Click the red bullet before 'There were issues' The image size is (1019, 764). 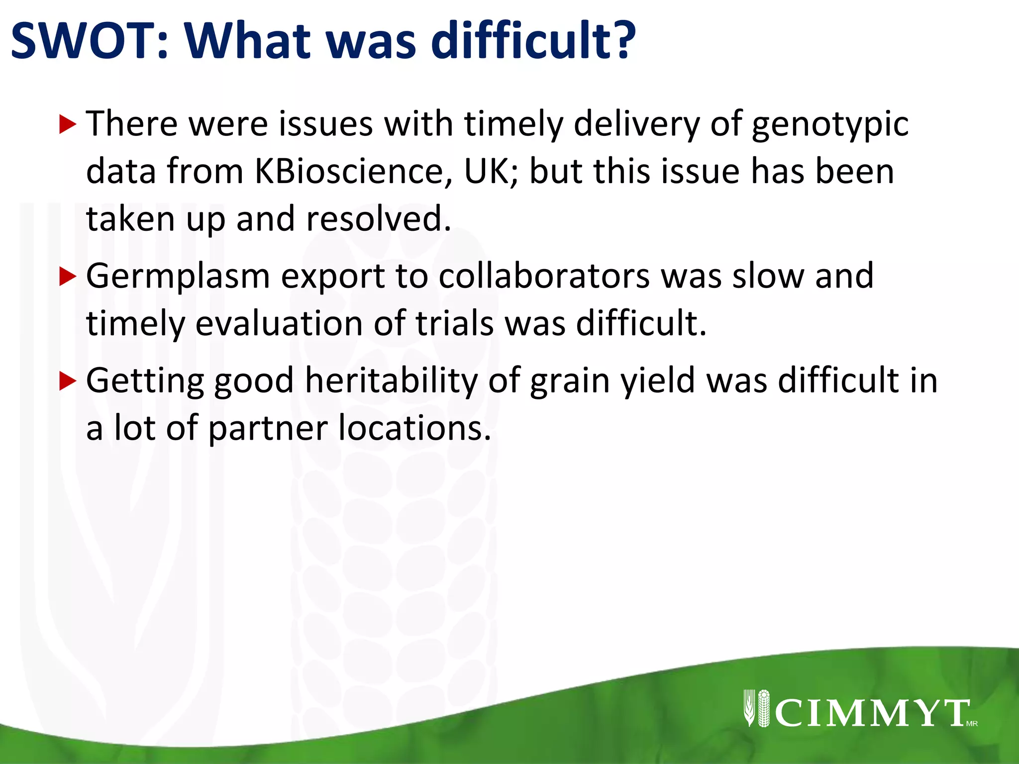[x=67, y=124]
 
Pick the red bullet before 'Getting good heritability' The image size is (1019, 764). [x=67, y=381]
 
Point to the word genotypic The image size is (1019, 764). [x=830, y=124]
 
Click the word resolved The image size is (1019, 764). [x=378, y=219]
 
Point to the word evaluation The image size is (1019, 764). [x=279, y=324]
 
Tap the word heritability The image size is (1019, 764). [x=391, y=381]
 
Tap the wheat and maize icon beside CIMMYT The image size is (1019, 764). [x=756, y=708]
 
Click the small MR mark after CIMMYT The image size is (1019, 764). [x=972, y=724]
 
